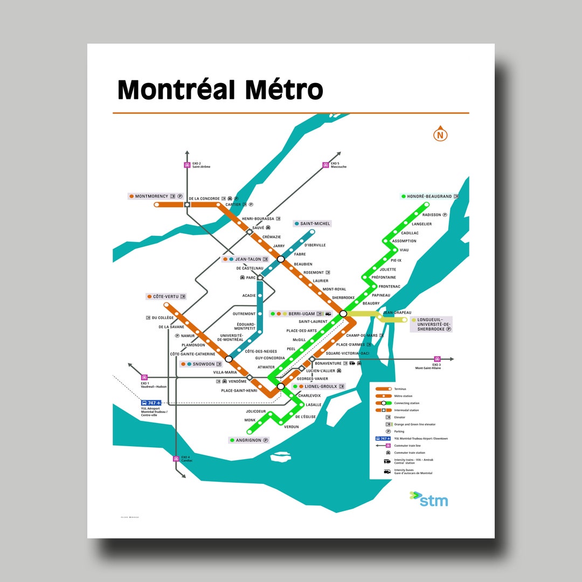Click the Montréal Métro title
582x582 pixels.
coord(220,89)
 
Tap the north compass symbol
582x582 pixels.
coord(441,135)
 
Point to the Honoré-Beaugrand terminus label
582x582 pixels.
coord(429,197)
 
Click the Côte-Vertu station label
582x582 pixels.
coord(166,296)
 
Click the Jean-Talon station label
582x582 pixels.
coord(248,259)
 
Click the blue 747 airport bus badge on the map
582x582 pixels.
coord(151,403)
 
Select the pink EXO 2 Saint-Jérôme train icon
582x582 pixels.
coord(187,165)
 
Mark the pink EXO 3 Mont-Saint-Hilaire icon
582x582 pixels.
coord(437,359)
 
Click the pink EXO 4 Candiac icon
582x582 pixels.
coord(176,459)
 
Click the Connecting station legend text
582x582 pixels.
coord(407,403)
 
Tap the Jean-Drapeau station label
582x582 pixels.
coord(397,313)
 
